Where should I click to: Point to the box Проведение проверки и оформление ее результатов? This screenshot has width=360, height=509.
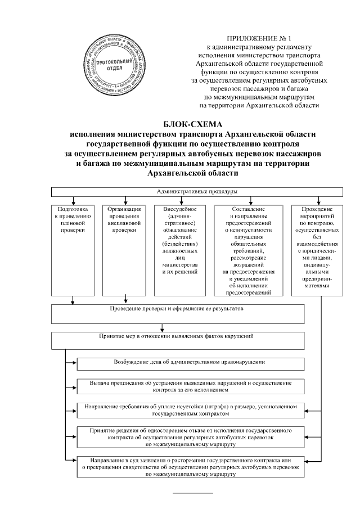coord(178,314)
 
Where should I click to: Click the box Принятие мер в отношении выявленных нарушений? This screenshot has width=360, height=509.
coord(178,340)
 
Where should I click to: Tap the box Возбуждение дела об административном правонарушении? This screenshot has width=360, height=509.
coord(192,364)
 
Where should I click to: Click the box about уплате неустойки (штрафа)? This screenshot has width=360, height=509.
coord(192,410)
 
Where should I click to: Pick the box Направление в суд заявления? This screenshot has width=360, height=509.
coord(192,467)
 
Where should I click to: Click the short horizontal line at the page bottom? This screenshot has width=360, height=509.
coord(192,494)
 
